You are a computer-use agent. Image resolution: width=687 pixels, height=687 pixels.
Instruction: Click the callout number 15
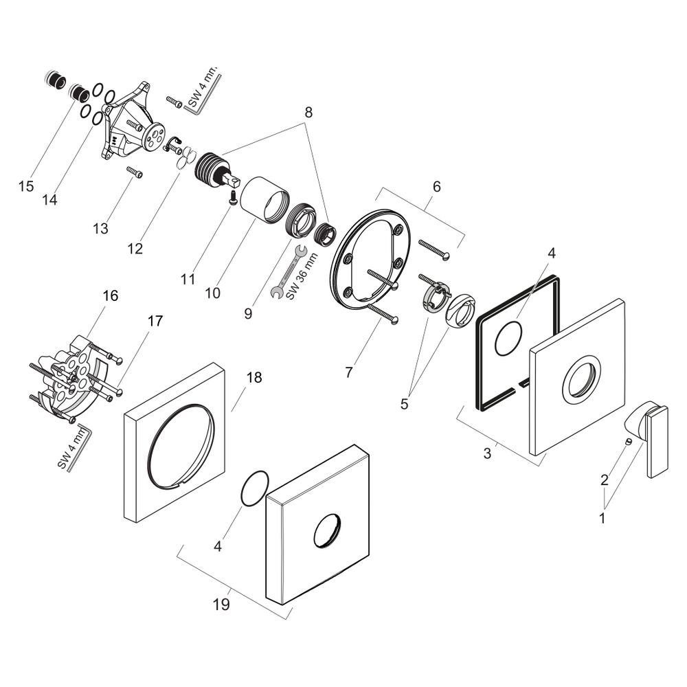point(26,186)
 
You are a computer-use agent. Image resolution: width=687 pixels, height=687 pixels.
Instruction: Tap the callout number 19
point(221,605)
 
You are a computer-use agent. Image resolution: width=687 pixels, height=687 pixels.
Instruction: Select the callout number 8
point(308,113)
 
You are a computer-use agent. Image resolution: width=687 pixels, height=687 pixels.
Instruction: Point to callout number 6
point(436,187)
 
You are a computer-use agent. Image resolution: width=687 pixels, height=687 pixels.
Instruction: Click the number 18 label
point(254,377)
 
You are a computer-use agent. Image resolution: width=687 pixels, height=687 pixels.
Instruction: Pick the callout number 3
point(487,453)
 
